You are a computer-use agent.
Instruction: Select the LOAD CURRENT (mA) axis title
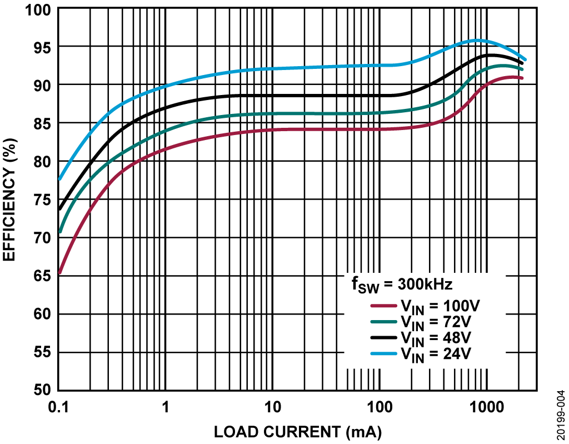point(298,431)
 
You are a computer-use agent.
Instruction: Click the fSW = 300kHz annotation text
point(402,285)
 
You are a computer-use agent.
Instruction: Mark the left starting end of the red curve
point(59,273)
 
